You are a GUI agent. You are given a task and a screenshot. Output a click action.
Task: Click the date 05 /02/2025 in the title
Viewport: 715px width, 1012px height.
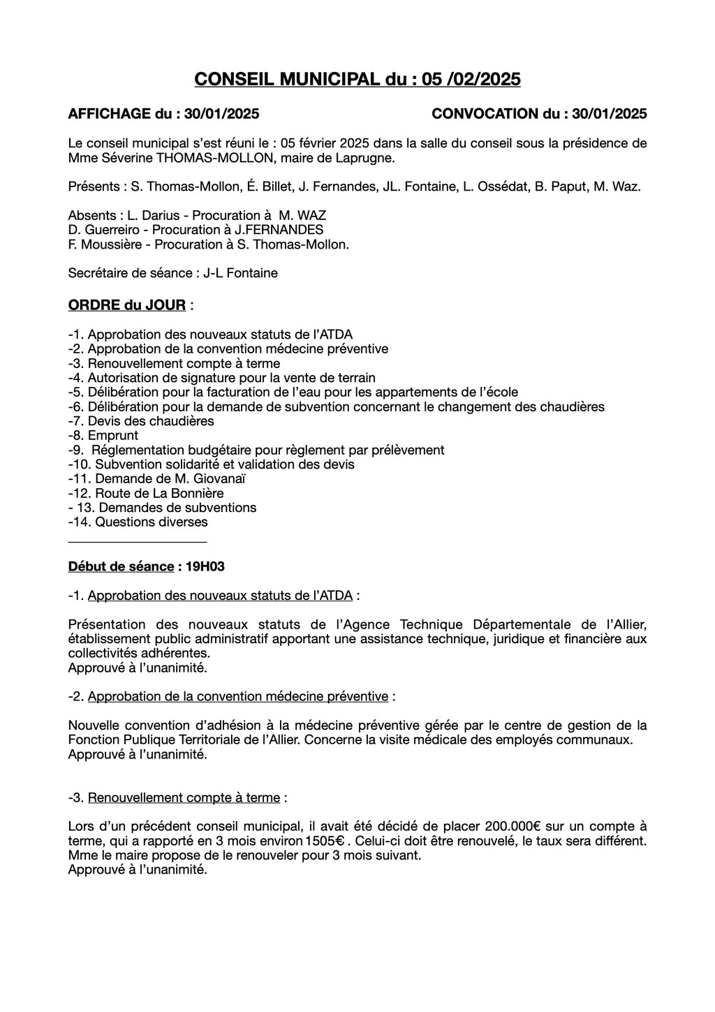click(x=471, y=80)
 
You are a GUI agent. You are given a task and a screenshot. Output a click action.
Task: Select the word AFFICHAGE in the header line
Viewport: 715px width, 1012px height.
click(x=110, y=114)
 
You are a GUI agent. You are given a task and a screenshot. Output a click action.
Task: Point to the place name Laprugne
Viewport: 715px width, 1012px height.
click(x=367, y=158)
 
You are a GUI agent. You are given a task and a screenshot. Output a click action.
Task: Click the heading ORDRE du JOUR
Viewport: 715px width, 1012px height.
click(x=127, y=305)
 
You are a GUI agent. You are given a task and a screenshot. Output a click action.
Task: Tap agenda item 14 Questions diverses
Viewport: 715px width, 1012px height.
click(x=151, y=522)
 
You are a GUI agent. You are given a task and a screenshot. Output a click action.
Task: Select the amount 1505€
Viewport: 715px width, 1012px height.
click(x=323, y=841)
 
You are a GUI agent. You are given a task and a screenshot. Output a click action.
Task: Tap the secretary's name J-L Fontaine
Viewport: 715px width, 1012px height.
click(x=240, y=273)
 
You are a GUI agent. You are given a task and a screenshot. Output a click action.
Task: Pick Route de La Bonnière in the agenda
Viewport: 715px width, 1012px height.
click(x=159, y=493)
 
